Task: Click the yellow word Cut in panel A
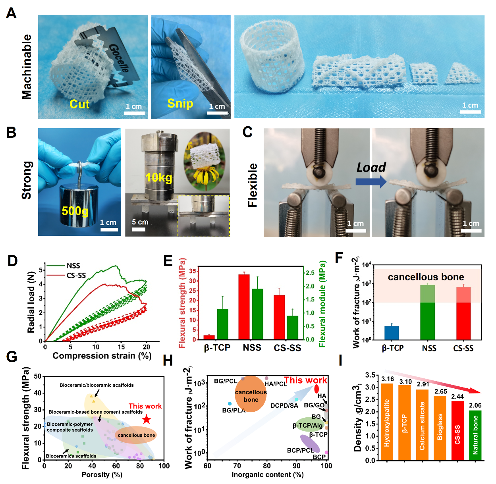point(79,104)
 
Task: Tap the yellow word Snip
point(180,103)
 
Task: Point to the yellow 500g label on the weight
point(75,210)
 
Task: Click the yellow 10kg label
point(159,177)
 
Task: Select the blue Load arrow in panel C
point(371,181)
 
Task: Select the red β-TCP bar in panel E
point(209,337)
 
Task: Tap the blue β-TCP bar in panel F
point(392,333)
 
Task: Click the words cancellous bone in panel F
point(426,277)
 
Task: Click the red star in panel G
point(147,419)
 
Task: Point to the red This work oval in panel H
point(317,389)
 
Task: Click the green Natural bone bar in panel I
point(475,435)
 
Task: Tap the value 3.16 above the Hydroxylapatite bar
point(387,379)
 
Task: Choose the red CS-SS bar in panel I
point(457,430)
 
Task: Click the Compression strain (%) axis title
point(102,355)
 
